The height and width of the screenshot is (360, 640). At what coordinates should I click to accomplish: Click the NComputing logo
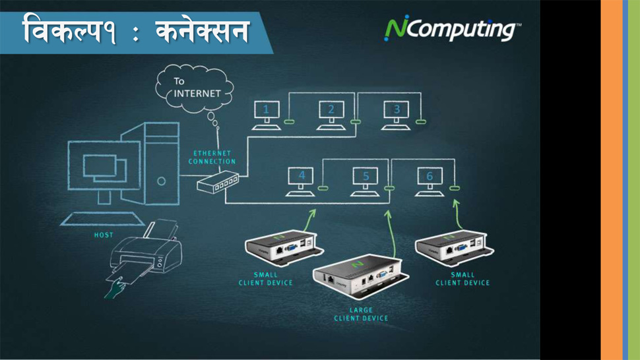452,28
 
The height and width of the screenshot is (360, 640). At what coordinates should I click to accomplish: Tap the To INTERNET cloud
195,88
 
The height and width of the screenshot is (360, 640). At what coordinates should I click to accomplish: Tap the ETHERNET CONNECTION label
212,158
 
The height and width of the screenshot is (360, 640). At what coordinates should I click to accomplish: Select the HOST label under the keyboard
104,235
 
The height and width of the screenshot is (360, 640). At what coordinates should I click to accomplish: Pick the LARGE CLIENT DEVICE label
361,315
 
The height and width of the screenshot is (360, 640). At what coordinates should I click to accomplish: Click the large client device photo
361,276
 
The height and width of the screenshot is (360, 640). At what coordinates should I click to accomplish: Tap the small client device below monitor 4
284,247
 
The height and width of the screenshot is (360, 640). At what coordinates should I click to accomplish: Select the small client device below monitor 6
455,247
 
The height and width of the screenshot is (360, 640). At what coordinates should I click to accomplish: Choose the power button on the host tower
162,181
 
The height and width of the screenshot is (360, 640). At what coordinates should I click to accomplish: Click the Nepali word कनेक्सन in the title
203,32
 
